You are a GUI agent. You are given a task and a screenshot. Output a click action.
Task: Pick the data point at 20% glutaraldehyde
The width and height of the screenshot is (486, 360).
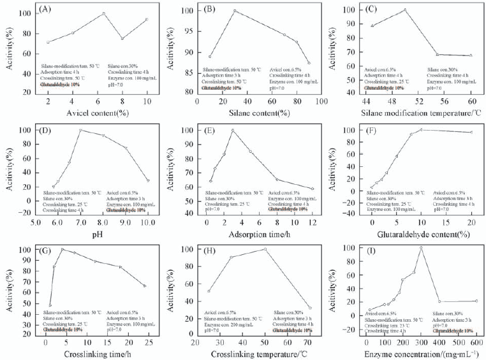(x=471, y=133)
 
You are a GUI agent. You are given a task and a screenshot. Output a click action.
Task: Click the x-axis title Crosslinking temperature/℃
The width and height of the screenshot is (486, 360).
(x=258, y=352)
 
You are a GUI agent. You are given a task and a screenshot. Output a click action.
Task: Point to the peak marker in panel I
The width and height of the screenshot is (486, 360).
(x=420, y=247)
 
